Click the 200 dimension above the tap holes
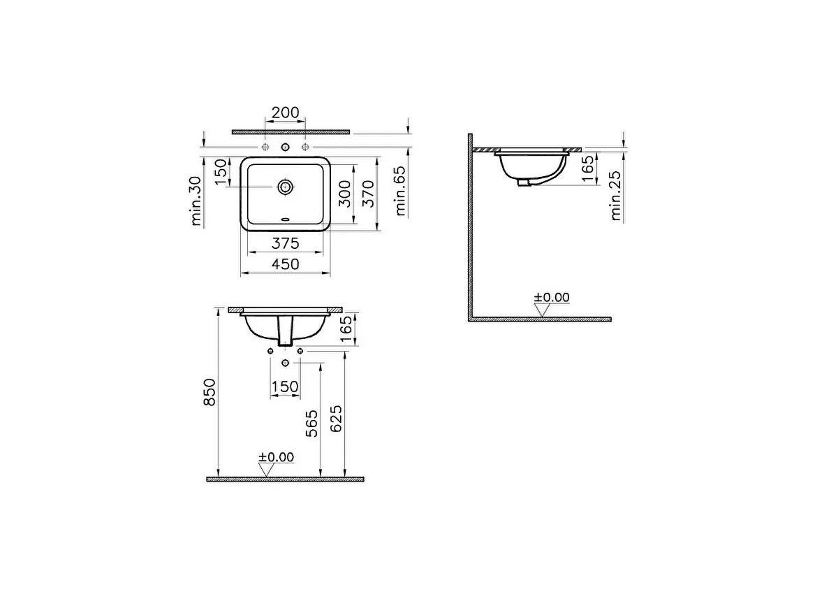click(285, 113)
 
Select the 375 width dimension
click(286, 243)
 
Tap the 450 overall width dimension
click(286, 264)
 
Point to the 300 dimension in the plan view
click(345, 194)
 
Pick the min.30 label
click(196, 201)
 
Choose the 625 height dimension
click(336, 419)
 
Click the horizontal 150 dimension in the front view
click(285, 387)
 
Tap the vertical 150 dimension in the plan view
click(221, 173)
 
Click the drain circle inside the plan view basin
click(285, 187)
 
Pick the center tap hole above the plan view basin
click(285, 147)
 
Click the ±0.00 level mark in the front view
click(277, 458)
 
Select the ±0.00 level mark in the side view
click(552, 298)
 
